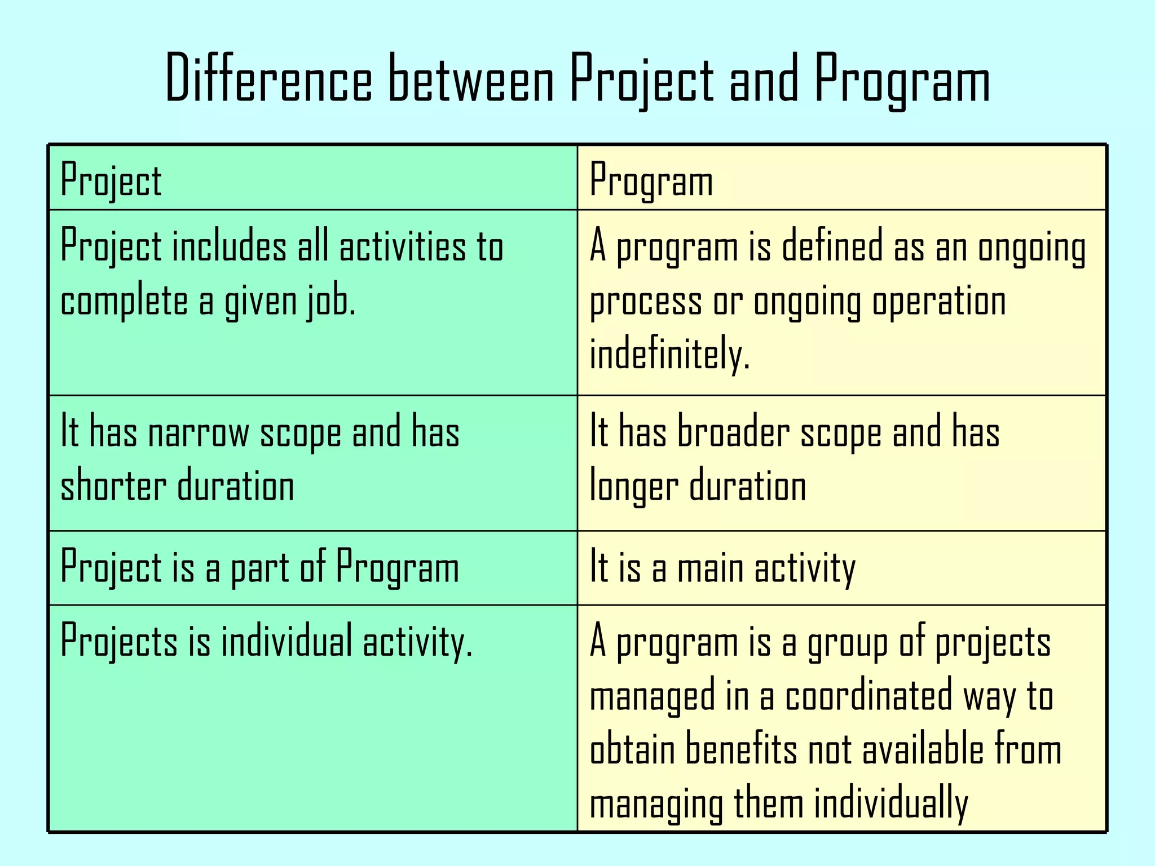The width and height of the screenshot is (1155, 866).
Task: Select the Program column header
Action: coord(651,180)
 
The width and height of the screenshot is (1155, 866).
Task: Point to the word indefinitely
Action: coord(670,354)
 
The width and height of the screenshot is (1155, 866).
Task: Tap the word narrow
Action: coord(198,433)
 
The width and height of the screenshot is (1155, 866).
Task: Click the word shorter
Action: coord(113,486)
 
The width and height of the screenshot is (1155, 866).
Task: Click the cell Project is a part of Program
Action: coord(260,567)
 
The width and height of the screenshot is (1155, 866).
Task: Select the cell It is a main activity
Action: coord(722,567)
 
